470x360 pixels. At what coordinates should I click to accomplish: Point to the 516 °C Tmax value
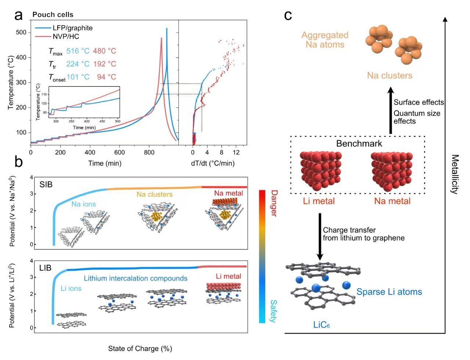(78, 51)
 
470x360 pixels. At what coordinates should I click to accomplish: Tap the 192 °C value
(104, 64)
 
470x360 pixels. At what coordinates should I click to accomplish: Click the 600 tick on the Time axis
(120, 152)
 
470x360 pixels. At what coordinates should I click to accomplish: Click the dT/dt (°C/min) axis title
(213, 163)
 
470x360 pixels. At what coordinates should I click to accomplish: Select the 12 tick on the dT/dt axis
(236, 152)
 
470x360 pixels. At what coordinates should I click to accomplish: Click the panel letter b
(18, 162)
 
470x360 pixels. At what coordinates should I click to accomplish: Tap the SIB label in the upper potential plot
(46, 184)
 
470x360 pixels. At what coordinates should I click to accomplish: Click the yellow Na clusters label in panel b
(155, 194)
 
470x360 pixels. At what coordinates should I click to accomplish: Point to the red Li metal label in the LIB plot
(228, 276)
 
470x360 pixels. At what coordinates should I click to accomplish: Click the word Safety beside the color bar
(273, 311)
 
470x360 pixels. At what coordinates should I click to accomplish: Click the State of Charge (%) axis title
(140, 349)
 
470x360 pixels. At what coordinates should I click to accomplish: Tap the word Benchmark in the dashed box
(359, 144)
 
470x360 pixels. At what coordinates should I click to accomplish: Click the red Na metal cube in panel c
(391, 171)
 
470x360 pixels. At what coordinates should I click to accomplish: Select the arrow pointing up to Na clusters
(391, 111)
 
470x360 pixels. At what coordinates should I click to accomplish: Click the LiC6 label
(321, 325)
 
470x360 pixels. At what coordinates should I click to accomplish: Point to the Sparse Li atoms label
(389, 292)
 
